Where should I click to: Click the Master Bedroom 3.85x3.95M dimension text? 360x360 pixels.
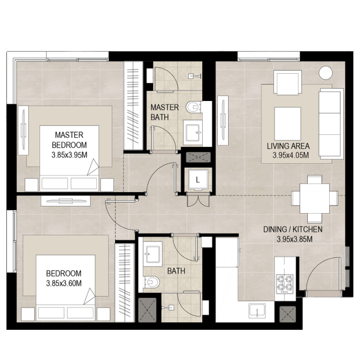[x=69, y=155]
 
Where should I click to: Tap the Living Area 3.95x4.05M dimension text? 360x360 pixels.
[x=290, y=155]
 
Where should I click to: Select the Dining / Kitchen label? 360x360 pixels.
[x=293, y=229]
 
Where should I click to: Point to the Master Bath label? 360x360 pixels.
[x=164, y=112]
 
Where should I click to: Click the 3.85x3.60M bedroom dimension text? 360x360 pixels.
[x=64, y=283]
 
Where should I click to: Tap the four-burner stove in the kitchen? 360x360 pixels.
[x=285, y=284]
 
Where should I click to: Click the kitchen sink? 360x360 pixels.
[x=257, y=311]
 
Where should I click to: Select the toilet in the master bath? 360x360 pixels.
[x=194, y=107]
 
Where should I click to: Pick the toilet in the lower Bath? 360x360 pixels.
[x=152, y=282]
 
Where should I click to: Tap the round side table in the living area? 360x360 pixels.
[x=326, y=73]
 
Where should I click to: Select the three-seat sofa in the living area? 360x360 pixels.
[x=331, y=124]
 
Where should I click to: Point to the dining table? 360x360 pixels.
[x=315, y=198]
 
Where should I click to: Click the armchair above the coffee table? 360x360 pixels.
[x=287, y=82]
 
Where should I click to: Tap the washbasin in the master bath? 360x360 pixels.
[x=193, y=133]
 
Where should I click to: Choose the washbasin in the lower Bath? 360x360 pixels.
[x=153, y=254]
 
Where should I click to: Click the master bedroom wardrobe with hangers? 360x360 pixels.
[x=134, y=106]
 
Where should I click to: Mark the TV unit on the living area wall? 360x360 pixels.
[x=223, y=120]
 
